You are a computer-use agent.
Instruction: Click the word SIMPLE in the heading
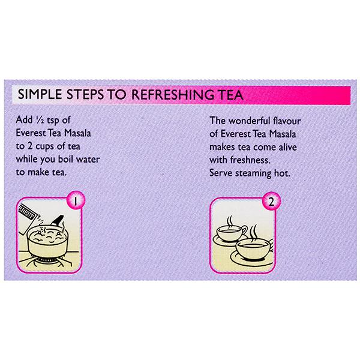pyautogui.click(x=40, y=94)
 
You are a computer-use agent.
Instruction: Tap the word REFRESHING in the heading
pyautogui.click(x=172, y=95)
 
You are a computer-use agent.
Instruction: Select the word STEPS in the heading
pyautogui.click(x=85, y=94)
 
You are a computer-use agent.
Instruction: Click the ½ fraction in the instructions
pyautogui.click(x=40, y=120)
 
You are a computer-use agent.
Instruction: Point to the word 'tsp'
pyautogui.click(x=53, y=121)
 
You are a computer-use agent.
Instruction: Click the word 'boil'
pyautogui.click(x=65, y=159)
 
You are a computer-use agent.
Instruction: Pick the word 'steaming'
pyautogui.click(x=253, y=173)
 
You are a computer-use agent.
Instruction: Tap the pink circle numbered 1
pyautogui.click(x=76, y=200)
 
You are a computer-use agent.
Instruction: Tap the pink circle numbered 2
pyautogui.click(x=271, y=201)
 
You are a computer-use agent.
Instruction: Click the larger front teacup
pyautogui.click(x=254, y=250)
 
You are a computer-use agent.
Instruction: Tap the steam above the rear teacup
pyautogui.click(x=230, y=220)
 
